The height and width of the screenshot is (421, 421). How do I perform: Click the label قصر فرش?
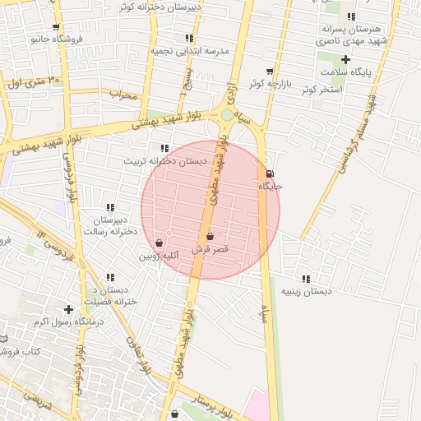click(x=209, y=248)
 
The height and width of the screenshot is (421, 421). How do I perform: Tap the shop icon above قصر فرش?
click(x=210, y=237)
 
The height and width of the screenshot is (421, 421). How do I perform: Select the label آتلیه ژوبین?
click(x=159, y=256)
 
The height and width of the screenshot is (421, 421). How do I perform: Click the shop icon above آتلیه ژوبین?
click(x=159, y=243)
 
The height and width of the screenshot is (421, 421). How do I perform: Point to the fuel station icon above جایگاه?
click(x=271, y=173)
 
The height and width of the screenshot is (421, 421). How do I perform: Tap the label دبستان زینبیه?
click(x=306, y=291)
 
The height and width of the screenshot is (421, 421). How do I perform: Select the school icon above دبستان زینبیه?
click(x=306, y=279)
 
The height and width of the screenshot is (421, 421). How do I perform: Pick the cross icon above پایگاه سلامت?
click(x=345, y=59)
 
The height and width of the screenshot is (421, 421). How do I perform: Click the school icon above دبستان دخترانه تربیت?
click(x=165, y=148)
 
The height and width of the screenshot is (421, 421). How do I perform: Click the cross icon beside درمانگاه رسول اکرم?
click(x=68, y=309)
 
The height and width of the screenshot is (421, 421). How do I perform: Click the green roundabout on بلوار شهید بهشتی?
click(x=227, y=115)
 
